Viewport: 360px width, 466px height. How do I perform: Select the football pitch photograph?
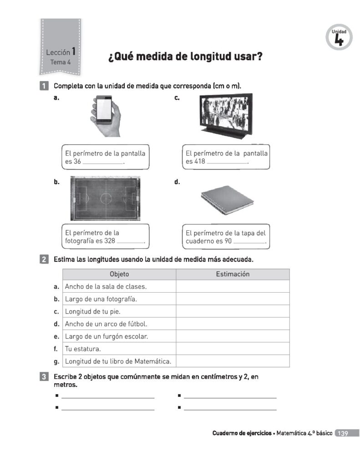(x=105, y=198)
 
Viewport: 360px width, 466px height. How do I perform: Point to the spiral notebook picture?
(x=227, y=199)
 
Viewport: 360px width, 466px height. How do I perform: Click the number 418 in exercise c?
(x=200, y=162)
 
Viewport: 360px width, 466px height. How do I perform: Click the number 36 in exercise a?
(x=77, y=162)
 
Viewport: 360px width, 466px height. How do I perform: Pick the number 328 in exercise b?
(x=109, y=241)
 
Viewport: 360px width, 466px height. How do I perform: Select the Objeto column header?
(x=119, y=274)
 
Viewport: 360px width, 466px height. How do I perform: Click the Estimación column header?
(x=233, y=274)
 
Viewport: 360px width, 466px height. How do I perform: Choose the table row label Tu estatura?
(x=83, y=349)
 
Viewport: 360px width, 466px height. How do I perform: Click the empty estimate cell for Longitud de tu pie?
(x=233, y=312)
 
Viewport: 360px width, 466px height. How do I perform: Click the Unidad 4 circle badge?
(x=339, y=37)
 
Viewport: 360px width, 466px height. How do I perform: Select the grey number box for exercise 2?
(x=44, y=260)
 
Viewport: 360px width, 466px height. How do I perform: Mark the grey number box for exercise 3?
(x=44, y=377)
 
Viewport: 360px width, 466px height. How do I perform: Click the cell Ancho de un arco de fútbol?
(x=106, y=324)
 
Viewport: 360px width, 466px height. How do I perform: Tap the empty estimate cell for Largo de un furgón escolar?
(x=233, y=336)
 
